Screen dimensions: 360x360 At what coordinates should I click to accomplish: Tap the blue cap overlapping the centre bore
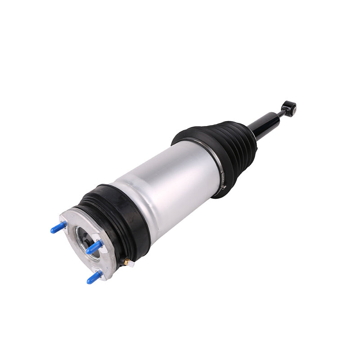94,247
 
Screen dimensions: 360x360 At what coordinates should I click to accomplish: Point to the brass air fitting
127,261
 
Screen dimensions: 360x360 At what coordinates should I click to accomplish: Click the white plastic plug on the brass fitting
131,264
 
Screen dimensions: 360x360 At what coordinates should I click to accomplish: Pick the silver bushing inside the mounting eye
292,108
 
